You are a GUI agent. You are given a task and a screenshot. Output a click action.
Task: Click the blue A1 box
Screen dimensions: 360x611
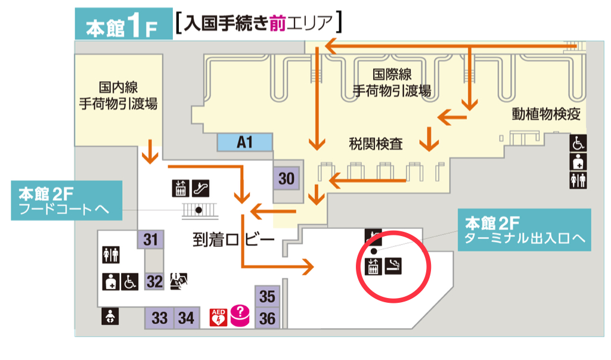(x=245, y=142)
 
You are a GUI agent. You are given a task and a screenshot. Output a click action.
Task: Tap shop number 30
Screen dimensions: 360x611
(x=287, y=178)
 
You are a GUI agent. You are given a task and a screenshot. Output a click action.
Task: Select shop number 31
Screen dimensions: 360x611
(x=150, y=240)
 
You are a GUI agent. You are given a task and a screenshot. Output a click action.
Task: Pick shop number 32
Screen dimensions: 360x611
(x=154, y=281)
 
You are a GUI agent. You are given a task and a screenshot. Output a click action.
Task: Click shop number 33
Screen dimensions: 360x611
(x=159, y=318)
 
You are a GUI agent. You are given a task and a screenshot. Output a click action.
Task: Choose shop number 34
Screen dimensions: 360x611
(x=186, y=318)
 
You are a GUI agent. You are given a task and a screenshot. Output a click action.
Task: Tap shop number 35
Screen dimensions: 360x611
(x=268, y=296)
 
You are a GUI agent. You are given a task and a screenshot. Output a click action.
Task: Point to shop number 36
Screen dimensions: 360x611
(x=268, y=318)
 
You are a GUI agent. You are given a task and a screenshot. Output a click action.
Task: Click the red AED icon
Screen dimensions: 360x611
(x=218, y=316)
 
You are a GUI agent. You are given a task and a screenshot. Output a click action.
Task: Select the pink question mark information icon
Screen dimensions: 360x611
(x=240, y=314)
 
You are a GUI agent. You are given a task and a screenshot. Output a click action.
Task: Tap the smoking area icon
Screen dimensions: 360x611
(x=394, y=266)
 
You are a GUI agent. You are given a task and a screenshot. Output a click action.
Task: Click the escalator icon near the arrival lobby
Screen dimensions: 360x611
(x=200, y=188)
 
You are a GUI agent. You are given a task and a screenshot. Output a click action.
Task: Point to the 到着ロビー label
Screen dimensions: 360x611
(x=233, y=241)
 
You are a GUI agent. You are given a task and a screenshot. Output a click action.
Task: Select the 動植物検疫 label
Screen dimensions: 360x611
(x=545, y=114)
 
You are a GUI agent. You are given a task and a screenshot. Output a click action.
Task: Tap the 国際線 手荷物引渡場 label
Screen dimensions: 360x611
(x=392, y=83)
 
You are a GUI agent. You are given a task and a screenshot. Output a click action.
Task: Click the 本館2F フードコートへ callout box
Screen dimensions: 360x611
(x=66, y=201)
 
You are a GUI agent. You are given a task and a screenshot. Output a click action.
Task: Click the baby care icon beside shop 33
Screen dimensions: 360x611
(x=110, y=316)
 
